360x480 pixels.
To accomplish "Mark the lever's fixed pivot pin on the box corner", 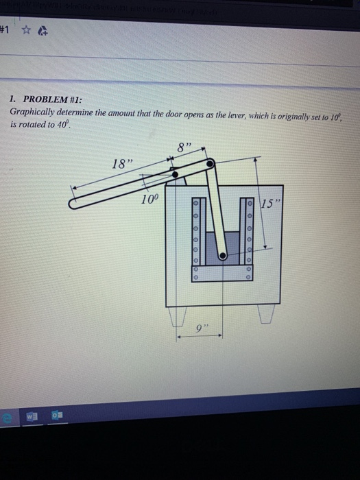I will pos(176,175).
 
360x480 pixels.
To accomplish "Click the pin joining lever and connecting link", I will pos(211,163).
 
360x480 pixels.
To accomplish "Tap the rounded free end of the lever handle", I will pos(75,203).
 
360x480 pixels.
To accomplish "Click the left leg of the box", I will pos(178,317).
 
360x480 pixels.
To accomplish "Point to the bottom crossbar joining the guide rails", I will pos(221,273).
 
